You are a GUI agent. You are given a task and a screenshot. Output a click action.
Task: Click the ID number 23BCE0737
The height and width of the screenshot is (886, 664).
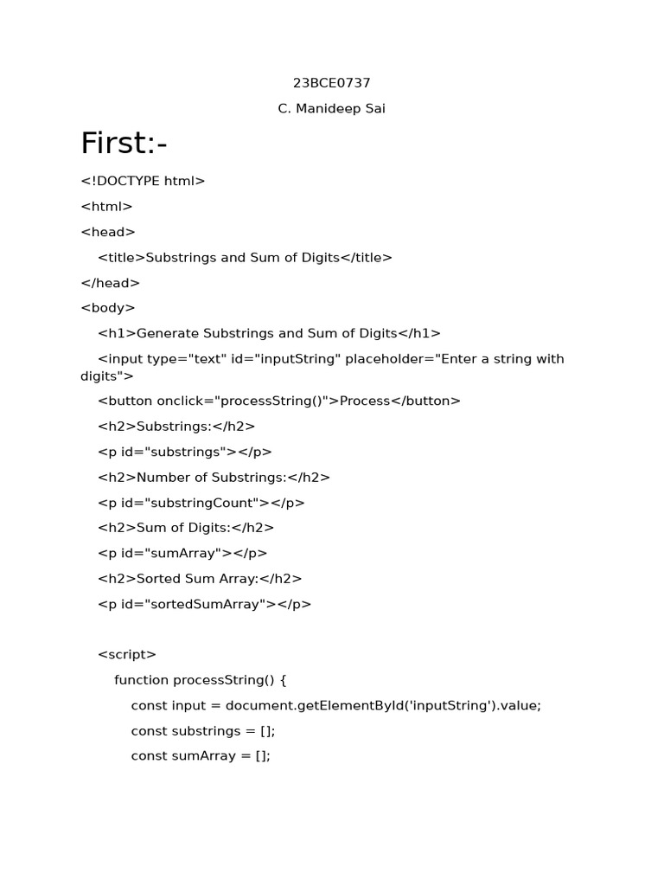[x=332, y=83]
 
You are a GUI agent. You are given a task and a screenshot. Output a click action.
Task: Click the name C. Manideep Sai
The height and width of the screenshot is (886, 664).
[x=332, y=109]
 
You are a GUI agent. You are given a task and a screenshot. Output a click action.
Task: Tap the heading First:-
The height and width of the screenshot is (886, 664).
[x=124, y=144]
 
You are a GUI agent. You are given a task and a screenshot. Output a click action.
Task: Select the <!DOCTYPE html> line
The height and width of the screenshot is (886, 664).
[x=143, y=181]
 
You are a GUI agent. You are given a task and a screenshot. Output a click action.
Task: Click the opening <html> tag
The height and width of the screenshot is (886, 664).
[x=106, y=207]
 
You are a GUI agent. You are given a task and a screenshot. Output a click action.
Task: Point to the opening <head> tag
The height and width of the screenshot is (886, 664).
[x=108, y=232]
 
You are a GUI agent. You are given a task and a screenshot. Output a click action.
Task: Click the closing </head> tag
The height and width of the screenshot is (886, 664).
[x=110, y=283]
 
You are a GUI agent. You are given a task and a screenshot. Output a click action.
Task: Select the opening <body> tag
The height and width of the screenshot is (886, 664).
[x=108, y=308]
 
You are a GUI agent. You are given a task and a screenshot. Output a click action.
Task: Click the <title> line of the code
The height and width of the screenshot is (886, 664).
[x=245, y=258]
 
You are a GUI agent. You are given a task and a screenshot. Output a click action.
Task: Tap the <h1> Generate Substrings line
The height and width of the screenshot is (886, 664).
[x=269, y=333]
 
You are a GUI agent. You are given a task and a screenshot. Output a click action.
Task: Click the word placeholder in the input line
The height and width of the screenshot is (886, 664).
[x=388, y=358]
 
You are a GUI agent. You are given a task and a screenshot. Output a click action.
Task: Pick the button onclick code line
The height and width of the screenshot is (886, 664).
[x=279, y=401]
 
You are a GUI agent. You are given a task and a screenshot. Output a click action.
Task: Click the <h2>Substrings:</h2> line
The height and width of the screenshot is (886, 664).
[x=176, y=427]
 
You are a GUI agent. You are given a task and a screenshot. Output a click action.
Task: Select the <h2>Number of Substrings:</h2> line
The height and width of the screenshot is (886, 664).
[x=214, y=477]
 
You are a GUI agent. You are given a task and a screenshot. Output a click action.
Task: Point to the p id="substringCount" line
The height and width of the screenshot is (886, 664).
[x=201, y=503]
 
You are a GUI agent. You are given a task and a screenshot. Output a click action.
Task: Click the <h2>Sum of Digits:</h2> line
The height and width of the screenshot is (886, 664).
[x=186, y=528]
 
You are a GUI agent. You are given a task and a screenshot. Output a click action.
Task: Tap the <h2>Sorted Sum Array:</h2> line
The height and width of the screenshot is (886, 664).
[x=200, y=579]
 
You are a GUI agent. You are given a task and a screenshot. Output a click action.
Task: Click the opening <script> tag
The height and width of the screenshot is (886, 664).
[x=127, y=655]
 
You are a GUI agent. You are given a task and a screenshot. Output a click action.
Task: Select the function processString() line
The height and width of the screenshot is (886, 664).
[x=200, y=680]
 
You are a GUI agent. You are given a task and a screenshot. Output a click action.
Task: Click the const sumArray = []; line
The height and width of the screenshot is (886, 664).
[x=201, y=756]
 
